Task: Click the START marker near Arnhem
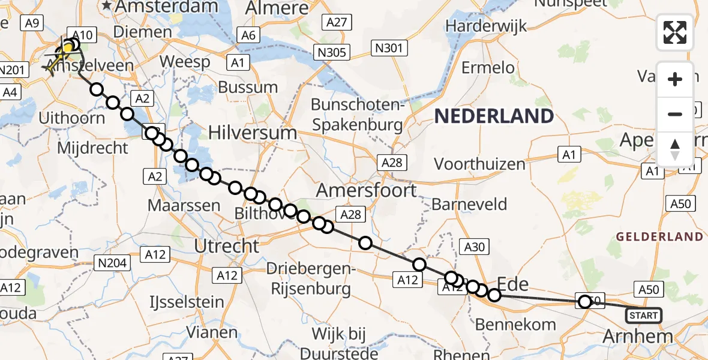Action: tap(644, 315)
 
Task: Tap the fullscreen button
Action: tap(675, 32)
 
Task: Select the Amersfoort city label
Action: tap(366, 191)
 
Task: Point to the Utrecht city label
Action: tap(227, 245)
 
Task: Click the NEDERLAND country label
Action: tap(494, 116)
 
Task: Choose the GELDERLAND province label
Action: tap(659, 236)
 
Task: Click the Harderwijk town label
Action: tap(487, 26)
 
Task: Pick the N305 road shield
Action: tap(332, 53)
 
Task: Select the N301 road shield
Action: tap(389, 48)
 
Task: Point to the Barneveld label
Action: tap(469, 205)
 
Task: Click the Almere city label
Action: tap(277, 8)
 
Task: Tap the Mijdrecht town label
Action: tap(93, 148)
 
